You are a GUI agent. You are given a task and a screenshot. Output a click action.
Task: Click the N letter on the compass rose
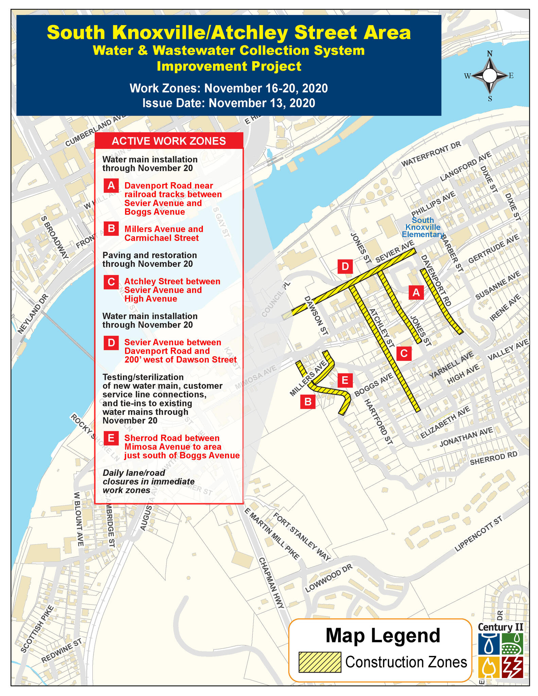tap(490, 54)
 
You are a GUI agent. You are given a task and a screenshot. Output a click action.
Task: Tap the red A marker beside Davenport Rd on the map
tap(416, 292)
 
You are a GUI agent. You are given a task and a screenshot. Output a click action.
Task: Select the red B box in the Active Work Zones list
tap(111, 229)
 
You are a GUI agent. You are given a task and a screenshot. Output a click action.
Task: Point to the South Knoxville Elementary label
tap(423, 227)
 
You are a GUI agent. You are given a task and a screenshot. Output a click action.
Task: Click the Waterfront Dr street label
tap(431, 154)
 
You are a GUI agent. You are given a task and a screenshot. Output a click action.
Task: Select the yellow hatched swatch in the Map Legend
tap(319, 662)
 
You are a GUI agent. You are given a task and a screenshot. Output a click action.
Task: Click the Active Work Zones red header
tap(169, 141)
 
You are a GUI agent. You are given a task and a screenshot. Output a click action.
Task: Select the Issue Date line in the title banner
tap(229, 103)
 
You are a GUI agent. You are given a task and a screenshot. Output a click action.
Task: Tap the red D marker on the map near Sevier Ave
tap(345, 266)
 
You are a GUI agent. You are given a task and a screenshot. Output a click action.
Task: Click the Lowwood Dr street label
tap(329, 578)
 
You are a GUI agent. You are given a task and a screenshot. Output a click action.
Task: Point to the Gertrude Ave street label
tap(493, 249)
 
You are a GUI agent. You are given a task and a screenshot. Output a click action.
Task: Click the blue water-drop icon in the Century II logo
tap(489, 644)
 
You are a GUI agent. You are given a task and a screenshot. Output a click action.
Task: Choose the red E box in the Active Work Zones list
tap(111, 438)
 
